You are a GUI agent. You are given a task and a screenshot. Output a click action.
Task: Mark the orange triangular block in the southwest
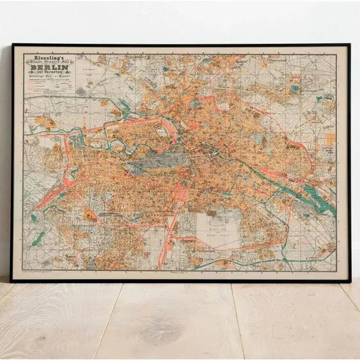coord(88,216)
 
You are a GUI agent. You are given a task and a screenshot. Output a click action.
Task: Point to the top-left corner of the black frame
coord(14,46)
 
